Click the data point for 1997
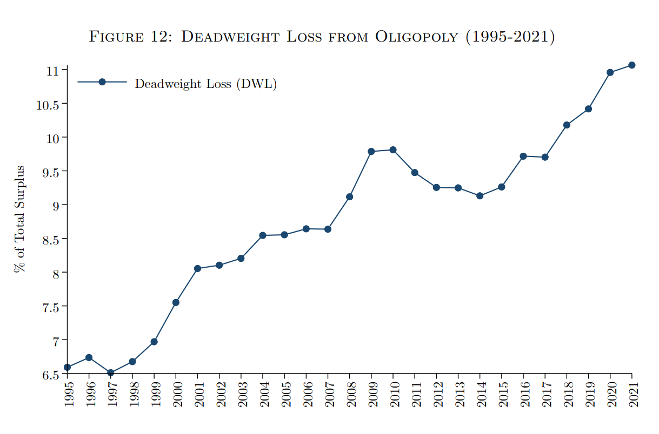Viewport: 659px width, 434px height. (111, 372)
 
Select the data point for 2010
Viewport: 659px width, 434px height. (393, 150)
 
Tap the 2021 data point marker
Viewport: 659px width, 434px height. (631, 65)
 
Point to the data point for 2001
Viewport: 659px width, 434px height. (197, 268)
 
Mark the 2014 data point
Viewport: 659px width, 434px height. (480, 196)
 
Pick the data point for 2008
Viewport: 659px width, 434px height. (350, 196)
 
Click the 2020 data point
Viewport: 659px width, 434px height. (610, 72)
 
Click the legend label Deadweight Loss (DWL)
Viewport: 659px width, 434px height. (205, 84)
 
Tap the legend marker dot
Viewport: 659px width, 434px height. (102, 82)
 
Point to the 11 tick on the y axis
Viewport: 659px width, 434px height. (52, 70)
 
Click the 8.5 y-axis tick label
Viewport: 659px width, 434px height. (50, 239)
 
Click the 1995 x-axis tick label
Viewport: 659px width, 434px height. (68, 395)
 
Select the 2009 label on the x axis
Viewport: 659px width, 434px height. (371, 395)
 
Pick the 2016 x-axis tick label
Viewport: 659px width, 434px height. (523, 395)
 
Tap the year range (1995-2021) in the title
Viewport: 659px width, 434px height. (510, 37)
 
